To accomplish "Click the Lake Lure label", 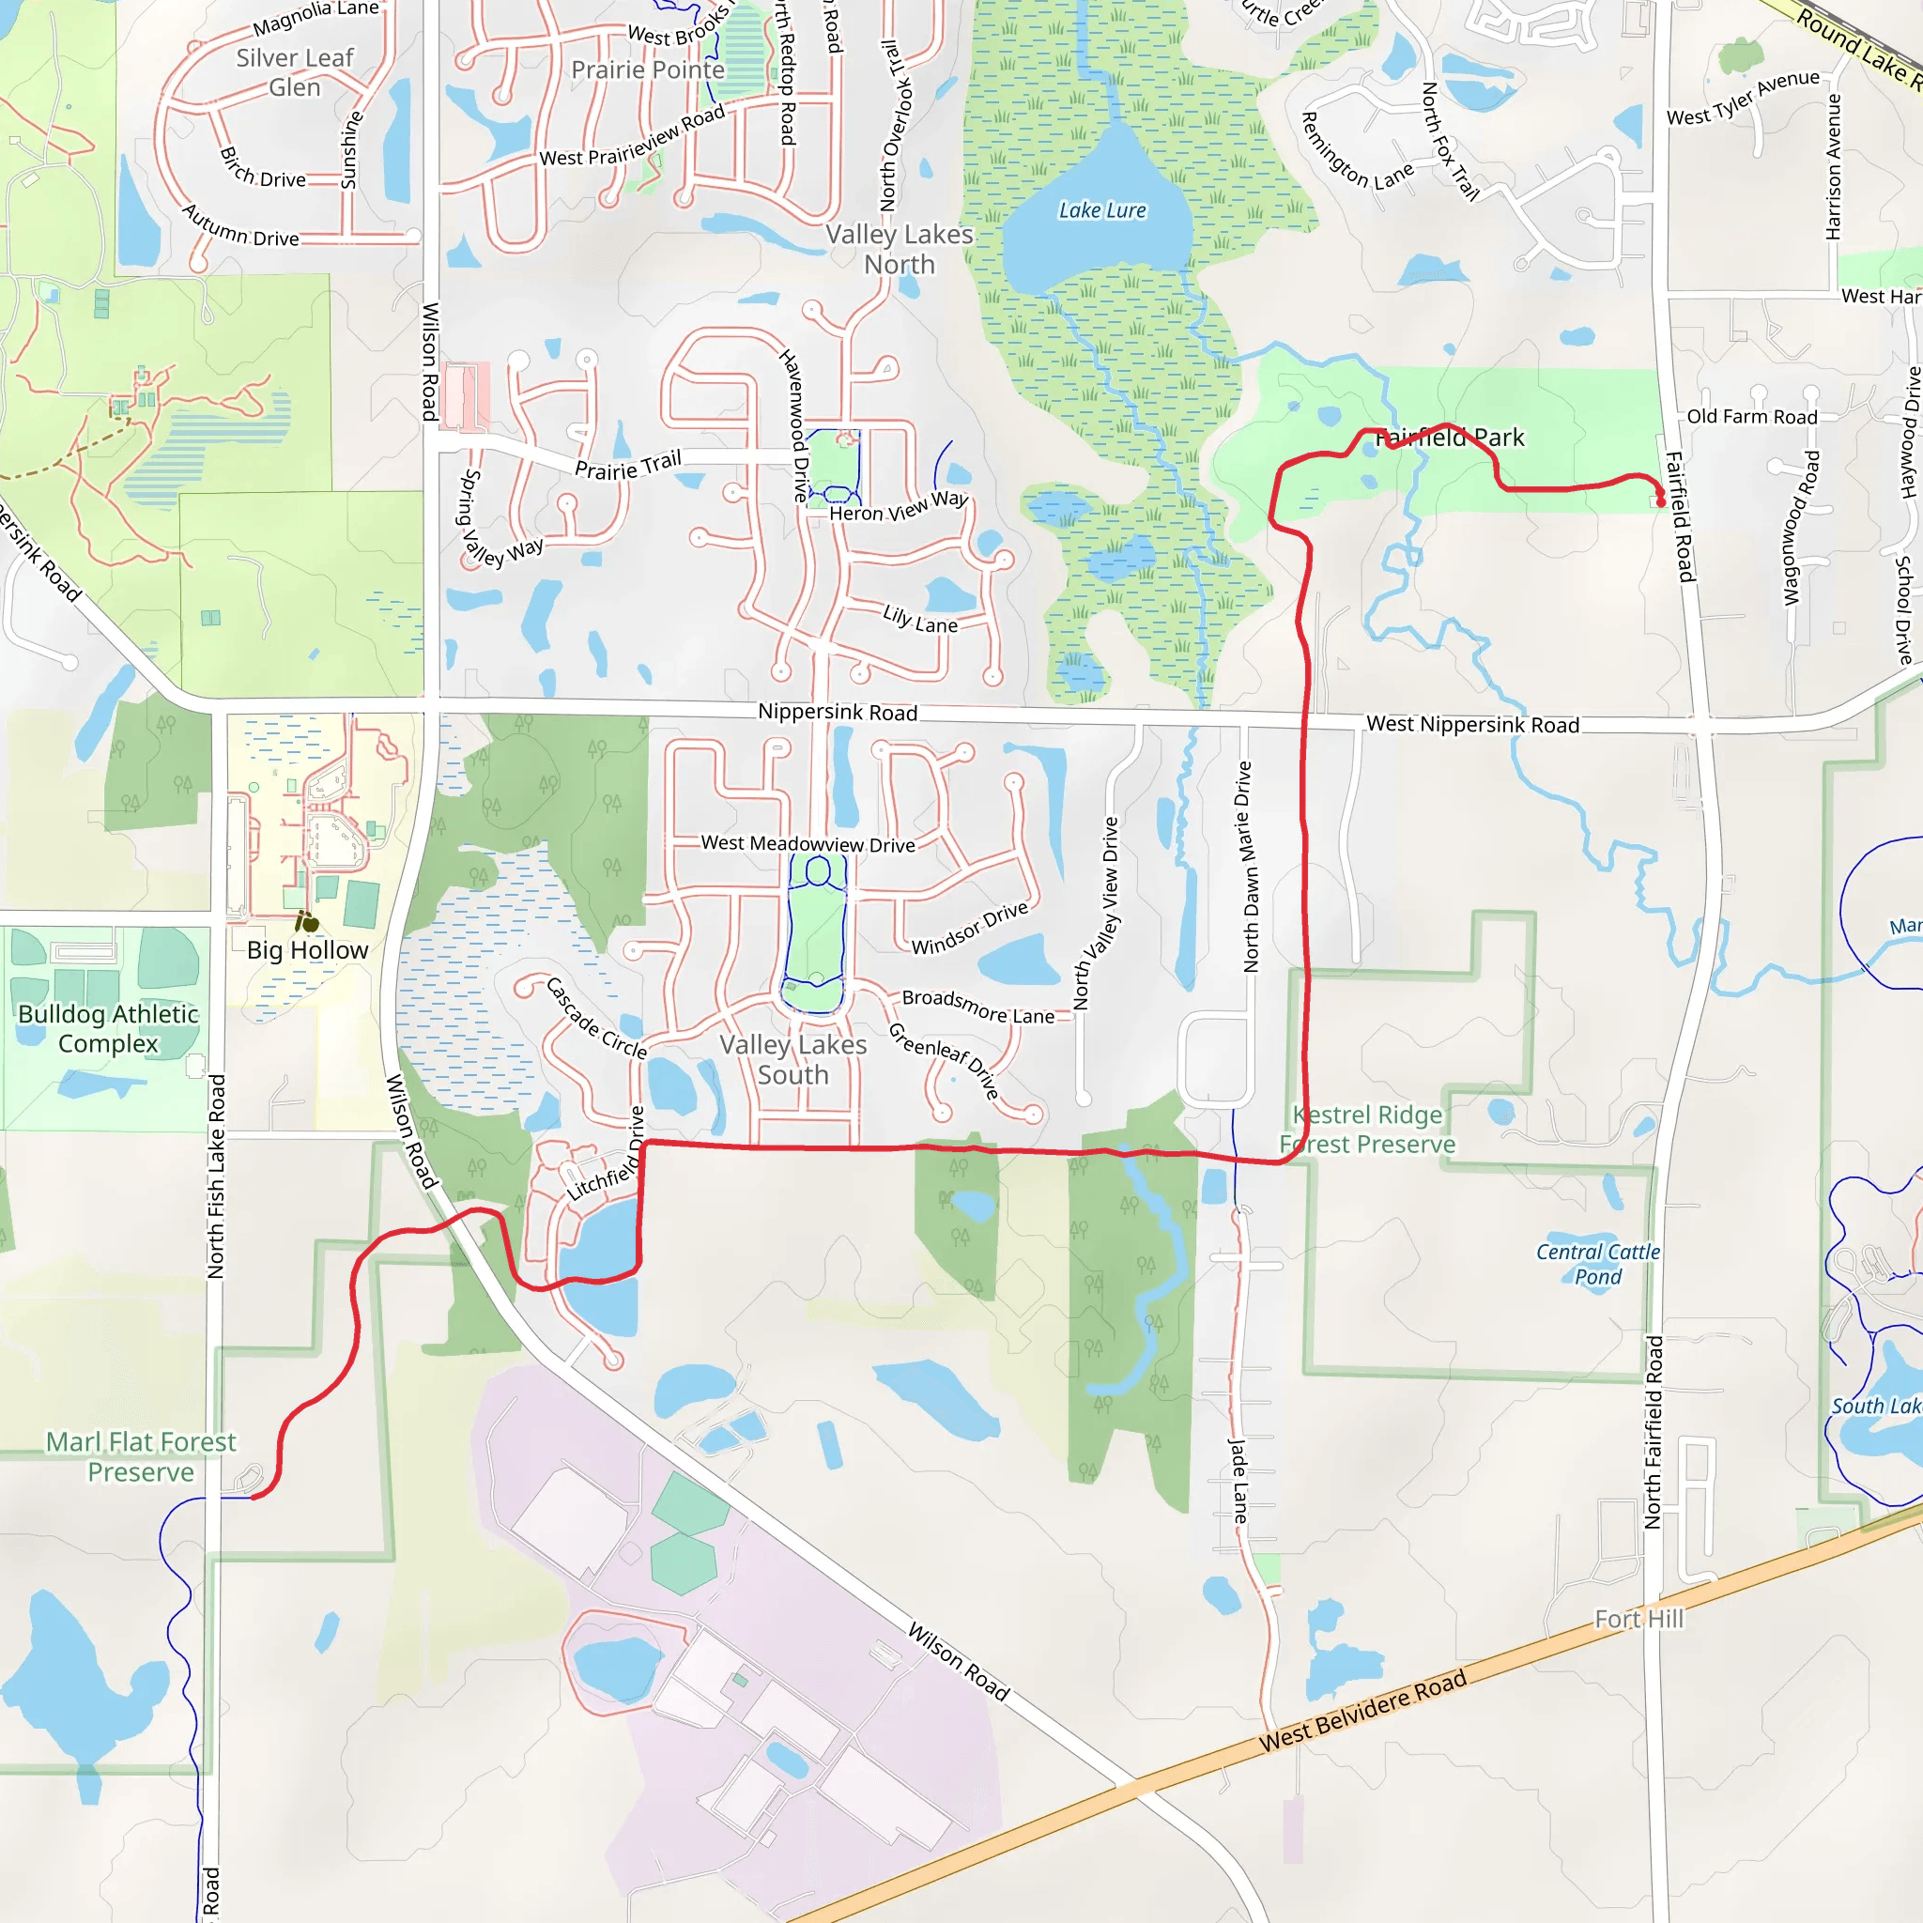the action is tap(1101, 211).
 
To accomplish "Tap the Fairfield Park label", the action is tap(1449, 438).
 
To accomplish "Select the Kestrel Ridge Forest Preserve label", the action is tap(1366, 1130).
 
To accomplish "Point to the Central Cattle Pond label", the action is tap(1597, 1264).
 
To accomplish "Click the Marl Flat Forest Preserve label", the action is tap(142, 1456).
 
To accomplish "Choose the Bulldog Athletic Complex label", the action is tap(109, 1028).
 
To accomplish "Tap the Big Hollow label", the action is tap(308, 950).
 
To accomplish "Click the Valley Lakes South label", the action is tap(793, 1060).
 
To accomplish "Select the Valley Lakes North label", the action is tap(899, 250).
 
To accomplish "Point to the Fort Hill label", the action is tap(1638, 1620).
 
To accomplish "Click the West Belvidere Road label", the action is tap(1362, 1710).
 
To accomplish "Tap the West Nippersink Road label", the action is tap(1472, 725).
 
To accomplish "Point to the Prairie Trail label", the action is tap(628, 465).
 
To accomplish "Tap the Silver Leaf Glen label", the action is tap(295, 72).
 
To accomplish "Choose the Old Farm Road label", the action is tap(1752, 417).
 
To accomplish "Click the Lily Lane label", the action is tap(921, 619).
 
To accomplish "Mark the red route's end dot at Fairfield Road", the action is tap(1660, 500).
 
